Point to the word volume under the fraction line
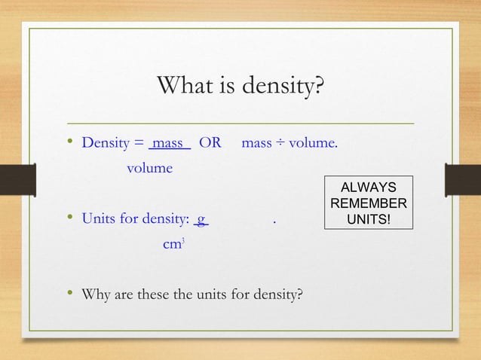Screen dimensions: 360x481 pyautogui.click(x=149, y=168)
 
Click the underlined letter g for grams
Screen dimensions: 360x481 pyautogui.click(x=201, y=219)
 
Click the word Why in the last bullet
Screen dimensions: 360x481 pyautogui.click(x=94, y=293)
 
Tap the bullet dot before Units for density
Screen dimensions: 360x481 pyautogui.click(x=69, y=219)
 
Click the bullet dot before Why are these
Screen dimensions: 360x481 pyautogui.click(x=69, y=293)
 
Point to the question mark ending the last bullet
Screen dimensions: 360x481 pyautogui.click(x=300, y=293)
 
